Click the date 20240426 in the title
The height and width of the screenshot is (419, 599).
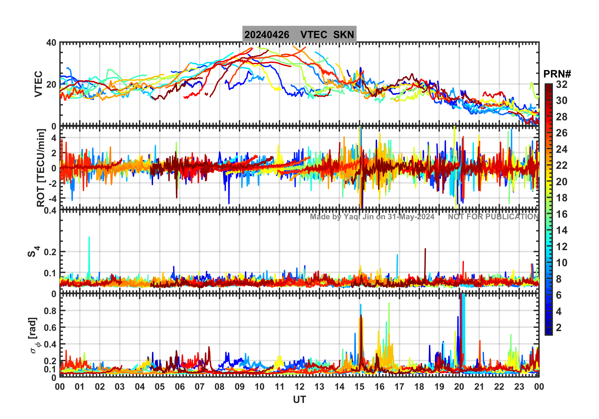(x=267, y=35)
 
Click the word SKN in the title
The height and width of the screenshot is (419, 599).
(x=344, y=35)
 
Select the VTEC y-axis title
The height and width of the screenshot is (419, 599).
(x=38, y=84)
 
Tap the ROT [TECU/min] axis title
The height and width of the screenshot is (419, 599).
(x=41, y=168)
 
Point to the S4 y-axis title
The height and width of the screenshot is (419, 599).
(x=33, y=251)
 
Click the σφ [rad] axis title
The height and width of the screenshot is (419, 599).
(x=34, y=336)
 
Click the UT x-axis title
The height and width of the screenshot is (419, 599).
(x=299, y=400)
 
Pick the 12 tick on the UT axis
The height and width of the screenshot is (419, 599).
(x=299, y=387)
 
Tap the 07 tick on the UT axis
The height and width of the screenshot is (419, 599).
(x=200, y=387)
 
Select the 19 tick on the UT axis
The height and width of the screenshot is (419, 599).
(x=439, y=387)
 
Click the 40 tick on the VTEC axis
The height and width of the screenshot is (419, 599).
(x=51, y=43)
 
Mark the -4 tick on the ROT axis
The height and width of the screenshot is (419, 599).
(x=52, y=198)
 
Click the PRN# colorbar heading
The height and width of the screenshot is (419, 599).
(x=557, y=74)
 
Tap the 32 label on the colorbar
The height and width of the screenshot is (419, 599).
(x=562, y=84)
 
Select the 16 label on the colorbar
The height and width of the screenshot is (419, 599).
(x=562, y=214)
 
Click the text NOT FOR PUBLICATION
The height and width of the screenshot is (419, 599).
(x=493, y=217)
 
